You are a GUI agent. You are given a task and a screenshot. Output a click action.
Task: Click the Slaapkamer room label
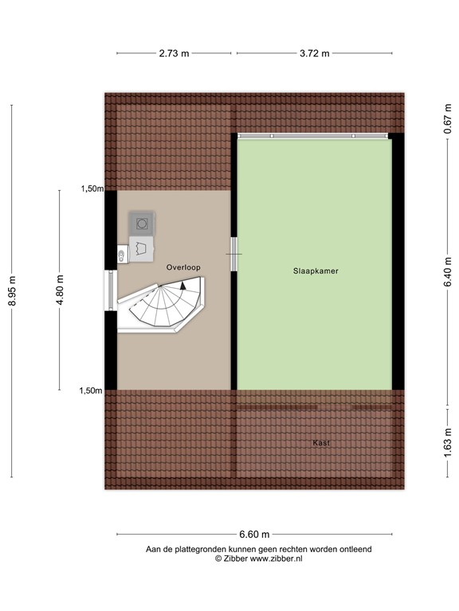315,271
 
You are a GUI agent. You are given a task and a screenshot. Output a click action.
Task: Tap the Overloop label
183,267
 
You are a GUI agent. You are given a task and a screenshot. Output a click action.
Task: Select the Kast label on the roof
321,443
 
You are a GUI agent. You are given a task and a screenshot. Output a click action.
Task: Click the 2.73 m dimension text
174,53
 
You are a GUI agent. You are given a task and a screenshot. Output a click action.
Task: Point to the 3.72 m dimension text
314,53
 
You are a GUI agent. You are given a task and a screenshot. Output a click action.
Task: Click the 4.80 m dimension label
59,290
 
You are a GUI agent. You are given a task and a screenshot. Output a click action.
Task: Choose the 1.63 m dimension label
447,441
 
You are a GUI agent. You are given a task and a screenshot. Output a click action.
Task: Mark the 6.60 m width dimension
254,535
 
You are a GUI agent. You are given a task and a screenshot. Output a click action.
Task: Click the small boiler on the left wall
121,255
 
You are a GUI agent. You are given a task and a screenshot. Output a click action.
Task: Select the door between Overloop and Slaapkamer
233,254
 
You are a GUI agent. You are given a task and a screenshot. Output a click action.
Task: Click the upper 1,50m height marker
91,189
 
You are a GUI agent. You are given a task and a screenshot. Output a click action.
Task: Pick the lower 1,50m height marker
91,391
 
